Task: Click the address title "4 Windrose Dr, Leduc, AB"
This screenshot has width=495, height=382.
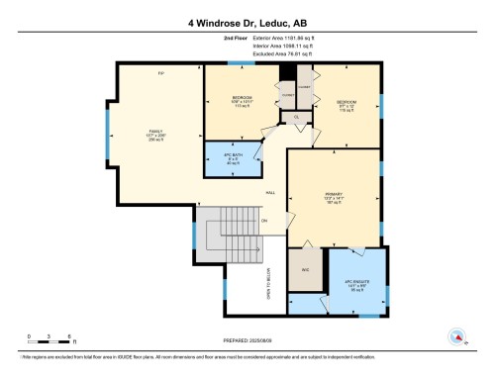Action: tap(247, 20)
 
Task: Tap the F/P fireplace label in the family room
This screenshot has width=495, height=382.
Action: tap(159, 75)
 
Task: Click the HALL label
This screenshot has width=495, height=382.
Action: tap(269, 192)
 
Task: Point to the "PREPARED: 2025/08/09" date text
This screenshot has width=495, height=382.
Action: tap(247, 339)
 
